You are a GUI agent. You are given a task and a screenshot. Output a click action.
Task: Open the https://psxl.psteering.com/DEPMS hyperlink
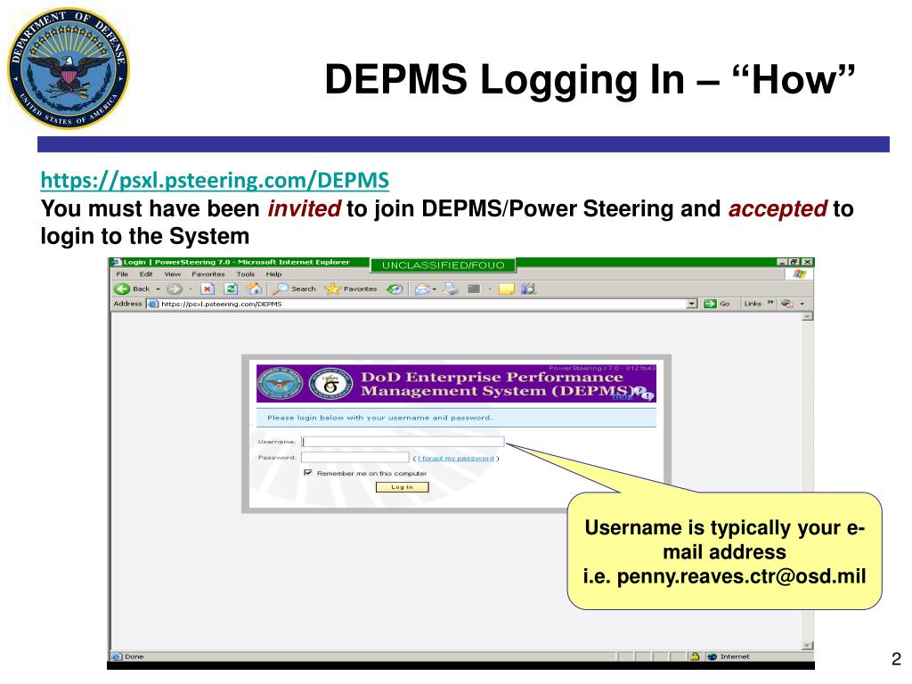pyautogui.click(x=215, y=181)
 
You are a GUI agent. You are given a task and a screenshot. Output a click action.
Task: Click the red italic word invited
pyautogui.click(x=304, y=210)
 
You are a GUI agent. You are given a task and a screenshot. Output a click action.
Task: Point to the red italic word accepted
pyautogui.click(x=779, y=210)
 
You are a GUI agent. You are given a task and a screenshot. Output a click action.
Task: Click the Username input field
pyautogui.click(x=403, y=441)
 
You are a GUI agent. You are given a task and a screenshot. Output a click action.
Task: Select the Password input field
pyautogui.click(x=355, y=458)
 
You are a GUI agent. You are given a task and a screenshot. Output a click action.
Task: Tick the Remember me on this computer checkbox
pyautogui.click(x=308, y=473)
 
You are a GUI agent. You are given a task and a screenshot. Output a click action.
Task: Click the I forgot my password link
pyautogui.click(x=456, y=458)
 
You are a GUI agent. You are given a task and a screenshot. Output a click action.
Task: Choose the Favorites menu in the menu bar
pyautogui.click(x=208, y=274)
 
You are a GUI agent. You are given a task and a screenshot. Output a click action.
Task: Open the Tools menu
pyautogui.click(x=246, y=274)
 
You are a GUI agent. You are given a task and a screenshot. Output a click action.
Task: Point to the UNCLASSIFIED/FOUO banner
pyautogui.click(x=443, y=265)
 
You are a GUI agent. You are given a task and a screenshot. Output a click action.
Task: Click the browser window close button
pyautogui.click(x=807, y=262)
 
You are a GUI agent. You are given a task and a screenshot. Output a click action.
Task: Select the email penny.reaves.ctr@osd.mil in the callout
pyautogui.click(x=724, y=575)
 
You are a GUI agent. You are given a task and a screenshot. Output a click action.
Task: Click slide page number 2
pyautogui.click(x=895, y=659)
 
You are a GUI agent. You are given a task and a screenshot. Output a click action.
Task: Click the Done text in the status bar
pyautogui.click(x=134, y=657)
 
